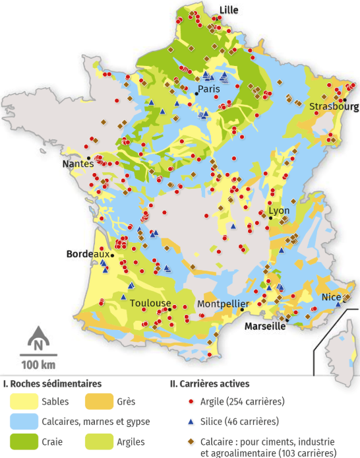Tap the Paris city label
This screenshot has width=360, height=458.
tap(208, 89)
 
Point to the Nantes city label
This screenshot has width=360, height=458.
tap(77, 164)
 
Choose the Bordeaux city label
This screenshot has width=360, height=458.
tap(88, 253)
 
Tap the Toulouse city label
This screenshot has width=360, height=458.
tap(146, 303)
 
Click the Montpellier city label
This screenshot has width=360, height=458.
tap(223, 304)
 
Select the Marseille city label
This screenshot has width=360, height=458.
tap(265, 326)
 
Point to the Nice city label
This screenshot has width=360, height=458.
tap(331, 297)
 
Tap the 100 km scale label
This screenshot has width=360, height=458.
tap(38, 365)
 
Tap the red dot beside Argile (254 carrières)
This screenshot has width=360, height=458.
tap(191, 401)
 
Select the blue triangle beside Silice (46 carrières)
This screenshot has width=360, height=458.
tap(191, 421)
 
